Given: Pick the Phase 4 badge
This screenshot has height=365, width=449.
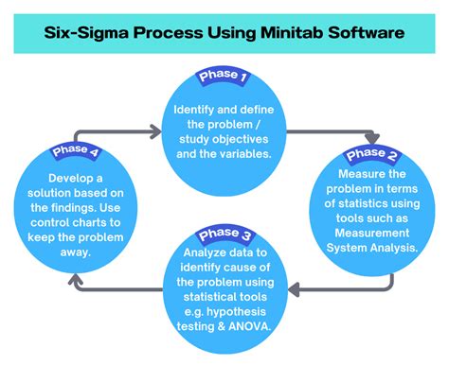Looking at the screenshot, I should coord(75,150).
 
